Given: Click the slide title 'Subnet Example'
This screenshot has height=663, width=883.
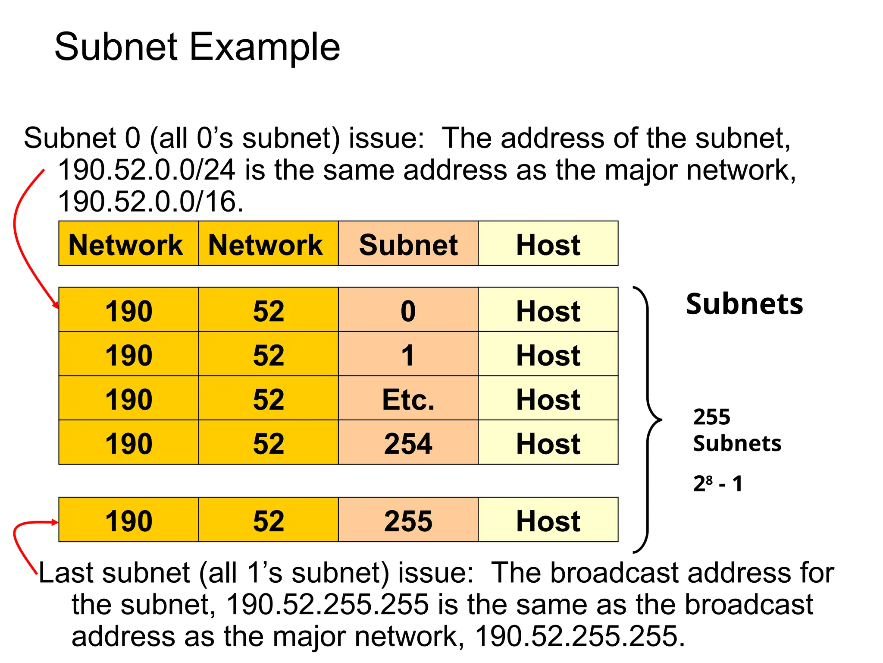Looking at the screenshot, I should (x=197, y=47).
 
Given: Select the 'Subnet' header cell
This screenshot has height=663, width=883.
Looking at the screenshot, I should (x=408, y=244).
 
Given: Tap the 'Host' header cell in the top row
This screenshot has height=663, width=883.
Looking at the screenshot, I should (x=548, y=244).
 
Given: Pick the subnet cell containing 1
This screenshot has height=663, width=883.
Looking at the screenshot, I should (x=408, y=355).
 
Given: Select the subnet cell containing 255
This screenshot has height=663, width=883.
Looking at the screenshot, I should (x=408, y=521).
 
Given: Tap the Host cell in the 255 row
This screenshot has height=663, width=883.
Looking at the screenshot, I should (x=548, y=521).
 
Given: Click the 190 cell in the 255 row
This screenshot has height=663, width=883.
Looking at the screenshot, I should (x=128, y=521).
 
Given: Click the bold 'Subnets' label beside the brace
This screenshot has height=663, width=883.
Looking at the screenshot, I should (x=745, y=304).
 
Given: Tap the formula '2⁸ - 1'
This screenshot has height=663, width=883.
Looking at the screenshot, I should (x=718, y=483).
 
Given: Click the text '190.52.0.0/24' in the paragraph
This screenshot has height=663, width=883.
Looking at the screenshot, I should (x=147, y=170).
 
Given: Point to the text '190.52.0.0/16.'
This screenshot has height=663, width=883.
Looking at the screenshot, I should (x=150, y=202).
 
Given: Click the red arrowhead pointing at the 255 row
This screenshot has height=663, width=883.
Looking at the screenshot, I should (x=55, y=522).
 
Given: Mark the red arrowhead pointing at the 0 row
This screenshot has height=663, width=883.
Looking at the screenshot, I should (x=56, y=306).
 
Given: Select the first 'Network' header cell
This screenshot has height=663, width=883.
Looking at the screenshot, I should (x=126, y=244).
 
